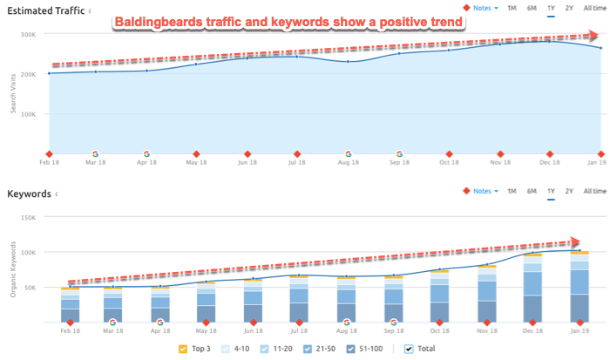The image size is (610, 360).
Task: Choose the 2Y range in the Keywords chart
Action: (x=569, y=191)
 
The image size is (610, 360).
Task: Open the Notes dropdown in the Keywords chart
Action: (x=484, y=191)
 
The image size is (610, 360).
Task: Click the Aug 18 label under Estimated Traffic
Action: (x=349, y=162)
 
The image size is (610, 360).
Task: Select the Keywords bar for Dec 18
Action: (x=531, y=288)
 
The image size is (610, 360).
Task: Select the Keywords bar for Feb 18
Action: (x=70, y=305)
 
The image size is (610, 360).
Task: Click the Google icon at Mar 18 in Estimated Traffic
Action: (x=95, y=153)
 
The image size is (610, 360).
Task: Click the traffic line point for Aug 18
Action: (x=349, y=62)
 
